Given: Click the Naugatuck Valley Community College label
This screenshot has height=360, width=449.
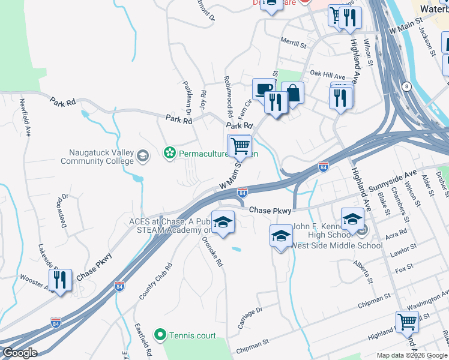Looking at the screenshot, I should click(x=97, y=157).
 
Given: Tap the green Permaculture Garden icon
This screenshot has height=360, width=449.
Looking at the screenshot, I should click(x=169, y=154).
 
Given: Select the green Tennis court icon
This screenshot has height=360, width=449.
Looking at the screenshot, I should click(x=160, y=335).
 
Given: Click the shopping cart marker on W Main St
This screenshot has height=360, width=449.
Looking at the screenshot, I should click(x=240, y=145).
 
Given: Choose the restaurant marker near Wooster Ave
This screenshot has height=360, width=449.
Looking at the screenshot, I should click(x=60, y=280).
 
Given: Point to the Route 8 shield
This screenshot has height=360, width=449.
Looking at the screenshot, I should click(x=406, y=86).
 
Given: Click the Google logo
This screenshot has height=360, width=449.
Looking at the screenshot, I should click(x=19, y=353).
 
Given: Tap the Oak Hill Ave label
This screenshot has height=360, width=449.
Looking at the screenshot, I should click(x=327, y=76).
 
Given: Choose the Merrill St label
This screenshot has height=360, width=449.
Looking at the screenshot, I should click(x=294, y=43).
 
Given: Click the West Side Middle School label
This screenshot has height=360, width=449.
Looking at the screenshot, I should click(x=337, y=245).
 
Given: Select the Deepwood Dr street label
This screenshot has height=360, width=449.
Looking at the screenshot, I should click(x=63, y=211).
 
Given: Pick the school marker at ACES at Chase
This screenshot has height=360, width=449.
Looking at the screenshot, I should click(x=223, y=223).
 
